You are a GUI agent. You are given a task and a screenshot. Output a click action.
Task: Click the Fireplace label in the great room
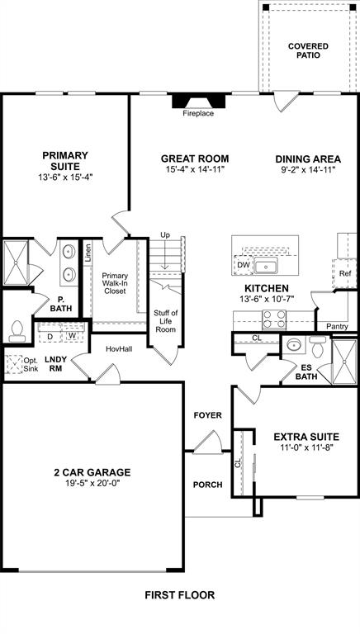(198, 113)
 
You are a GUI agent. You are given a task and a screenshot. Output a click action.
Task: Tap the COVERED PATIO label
(307, 50)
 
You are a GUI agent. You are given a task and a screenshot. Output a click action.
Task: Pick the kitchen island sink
(265, 266)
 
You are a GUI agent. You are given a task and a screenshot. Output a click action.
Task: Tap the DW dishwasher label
(243, 265)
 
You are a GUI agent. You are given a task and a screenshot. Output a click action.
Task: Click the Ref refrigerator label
(346, 272)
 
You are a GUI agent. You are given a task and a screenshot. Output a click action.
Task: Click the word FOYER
(207, 415)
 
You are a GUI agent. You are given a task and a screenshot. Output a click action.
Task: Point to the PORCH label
(207, 485)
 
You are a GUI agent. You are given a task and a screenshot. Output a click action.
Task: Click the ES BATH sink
(294, 345)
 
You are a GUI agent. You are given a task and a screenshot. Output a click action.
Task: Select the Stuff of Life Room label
(166, 321)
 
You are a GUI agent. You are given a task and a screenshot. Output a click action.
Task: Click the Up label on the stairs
(164, 235)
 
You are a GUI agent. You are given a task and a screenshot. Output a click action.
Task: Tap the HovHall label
(119, 349)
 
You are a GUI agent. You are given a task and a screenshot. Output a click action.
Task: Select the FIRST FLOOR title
(179, 594)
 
